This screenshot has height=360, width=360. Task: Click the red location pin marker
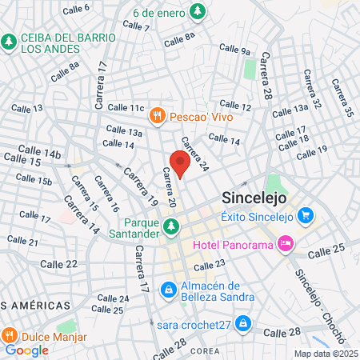click(180, 165)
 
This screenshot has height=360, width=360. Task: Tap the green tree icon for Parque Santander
click(170, 229)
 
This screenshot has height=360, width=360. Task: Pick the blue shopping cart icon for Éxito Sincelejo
click(305, 215)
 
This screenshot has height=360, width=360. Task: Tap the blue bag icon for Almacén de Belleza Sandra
click(169, 289)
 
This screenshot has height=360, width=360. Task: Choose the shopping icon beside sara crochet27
click(244, 323)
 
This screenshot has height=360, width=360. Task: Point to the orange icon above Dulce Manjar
click(10, 334)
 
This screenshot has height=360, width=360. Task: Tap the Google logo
click(26, 350)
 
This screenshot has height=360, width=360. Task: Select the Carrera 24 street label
click(194, 155)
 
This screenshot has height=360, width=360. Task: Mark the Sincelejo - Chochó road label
click(316, 289)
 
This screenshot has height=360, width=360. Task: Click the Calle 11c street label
click(126, 108)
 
